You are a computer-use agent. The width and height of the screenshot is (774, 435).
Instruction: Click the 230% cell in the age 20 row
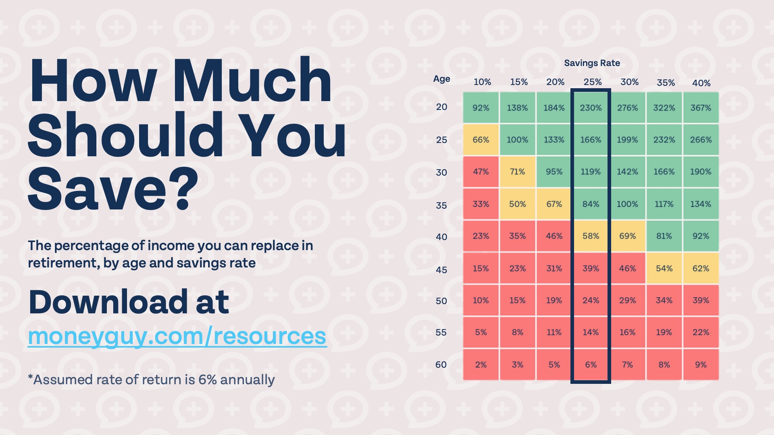point(591,108)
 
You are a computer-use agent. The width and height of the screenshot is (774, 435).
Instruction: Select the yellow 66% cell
point(481,140)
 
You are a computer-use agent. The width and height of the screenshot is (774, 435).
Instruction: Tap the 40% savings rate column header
point(701,83)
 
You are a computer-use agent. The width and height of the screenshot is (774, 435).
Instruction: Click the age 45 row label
point(441,270)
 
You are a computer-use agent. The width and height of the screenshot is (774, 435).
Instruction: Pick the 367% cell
point(701,108)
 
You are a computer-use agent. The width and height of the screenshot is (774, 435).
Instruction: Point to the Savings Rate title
point(592,63)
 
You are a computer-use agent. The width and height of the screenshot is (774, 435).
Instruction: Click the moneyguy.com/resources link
point(177,336)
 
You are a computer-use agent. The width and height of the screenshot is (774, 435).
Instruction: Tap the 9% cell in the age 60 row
point(701,365)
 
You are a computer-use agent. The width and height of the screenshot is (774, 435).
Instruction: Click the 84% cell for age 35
point(591,204)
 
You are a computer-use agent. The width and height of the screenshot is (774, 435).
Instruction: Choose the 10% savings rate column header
point(482,82)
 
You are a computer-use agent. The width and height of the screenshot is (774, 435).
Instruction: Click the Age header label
point(441,79)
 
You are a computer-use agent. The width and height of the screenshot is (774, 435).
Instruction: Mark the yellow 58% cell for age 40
point(591,236)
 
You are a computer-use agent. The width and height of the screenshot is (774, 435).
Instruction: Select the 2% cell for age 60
point(481,365)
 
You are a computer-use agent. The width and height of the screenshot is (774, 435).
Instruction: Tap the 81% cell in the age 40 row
point(664,236)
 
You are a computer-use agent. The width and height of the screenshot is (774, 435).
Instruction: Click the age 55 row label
point(441,333)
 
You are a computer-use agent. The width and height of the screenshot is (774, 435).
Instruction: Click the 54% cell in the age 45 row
point(664,269)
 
